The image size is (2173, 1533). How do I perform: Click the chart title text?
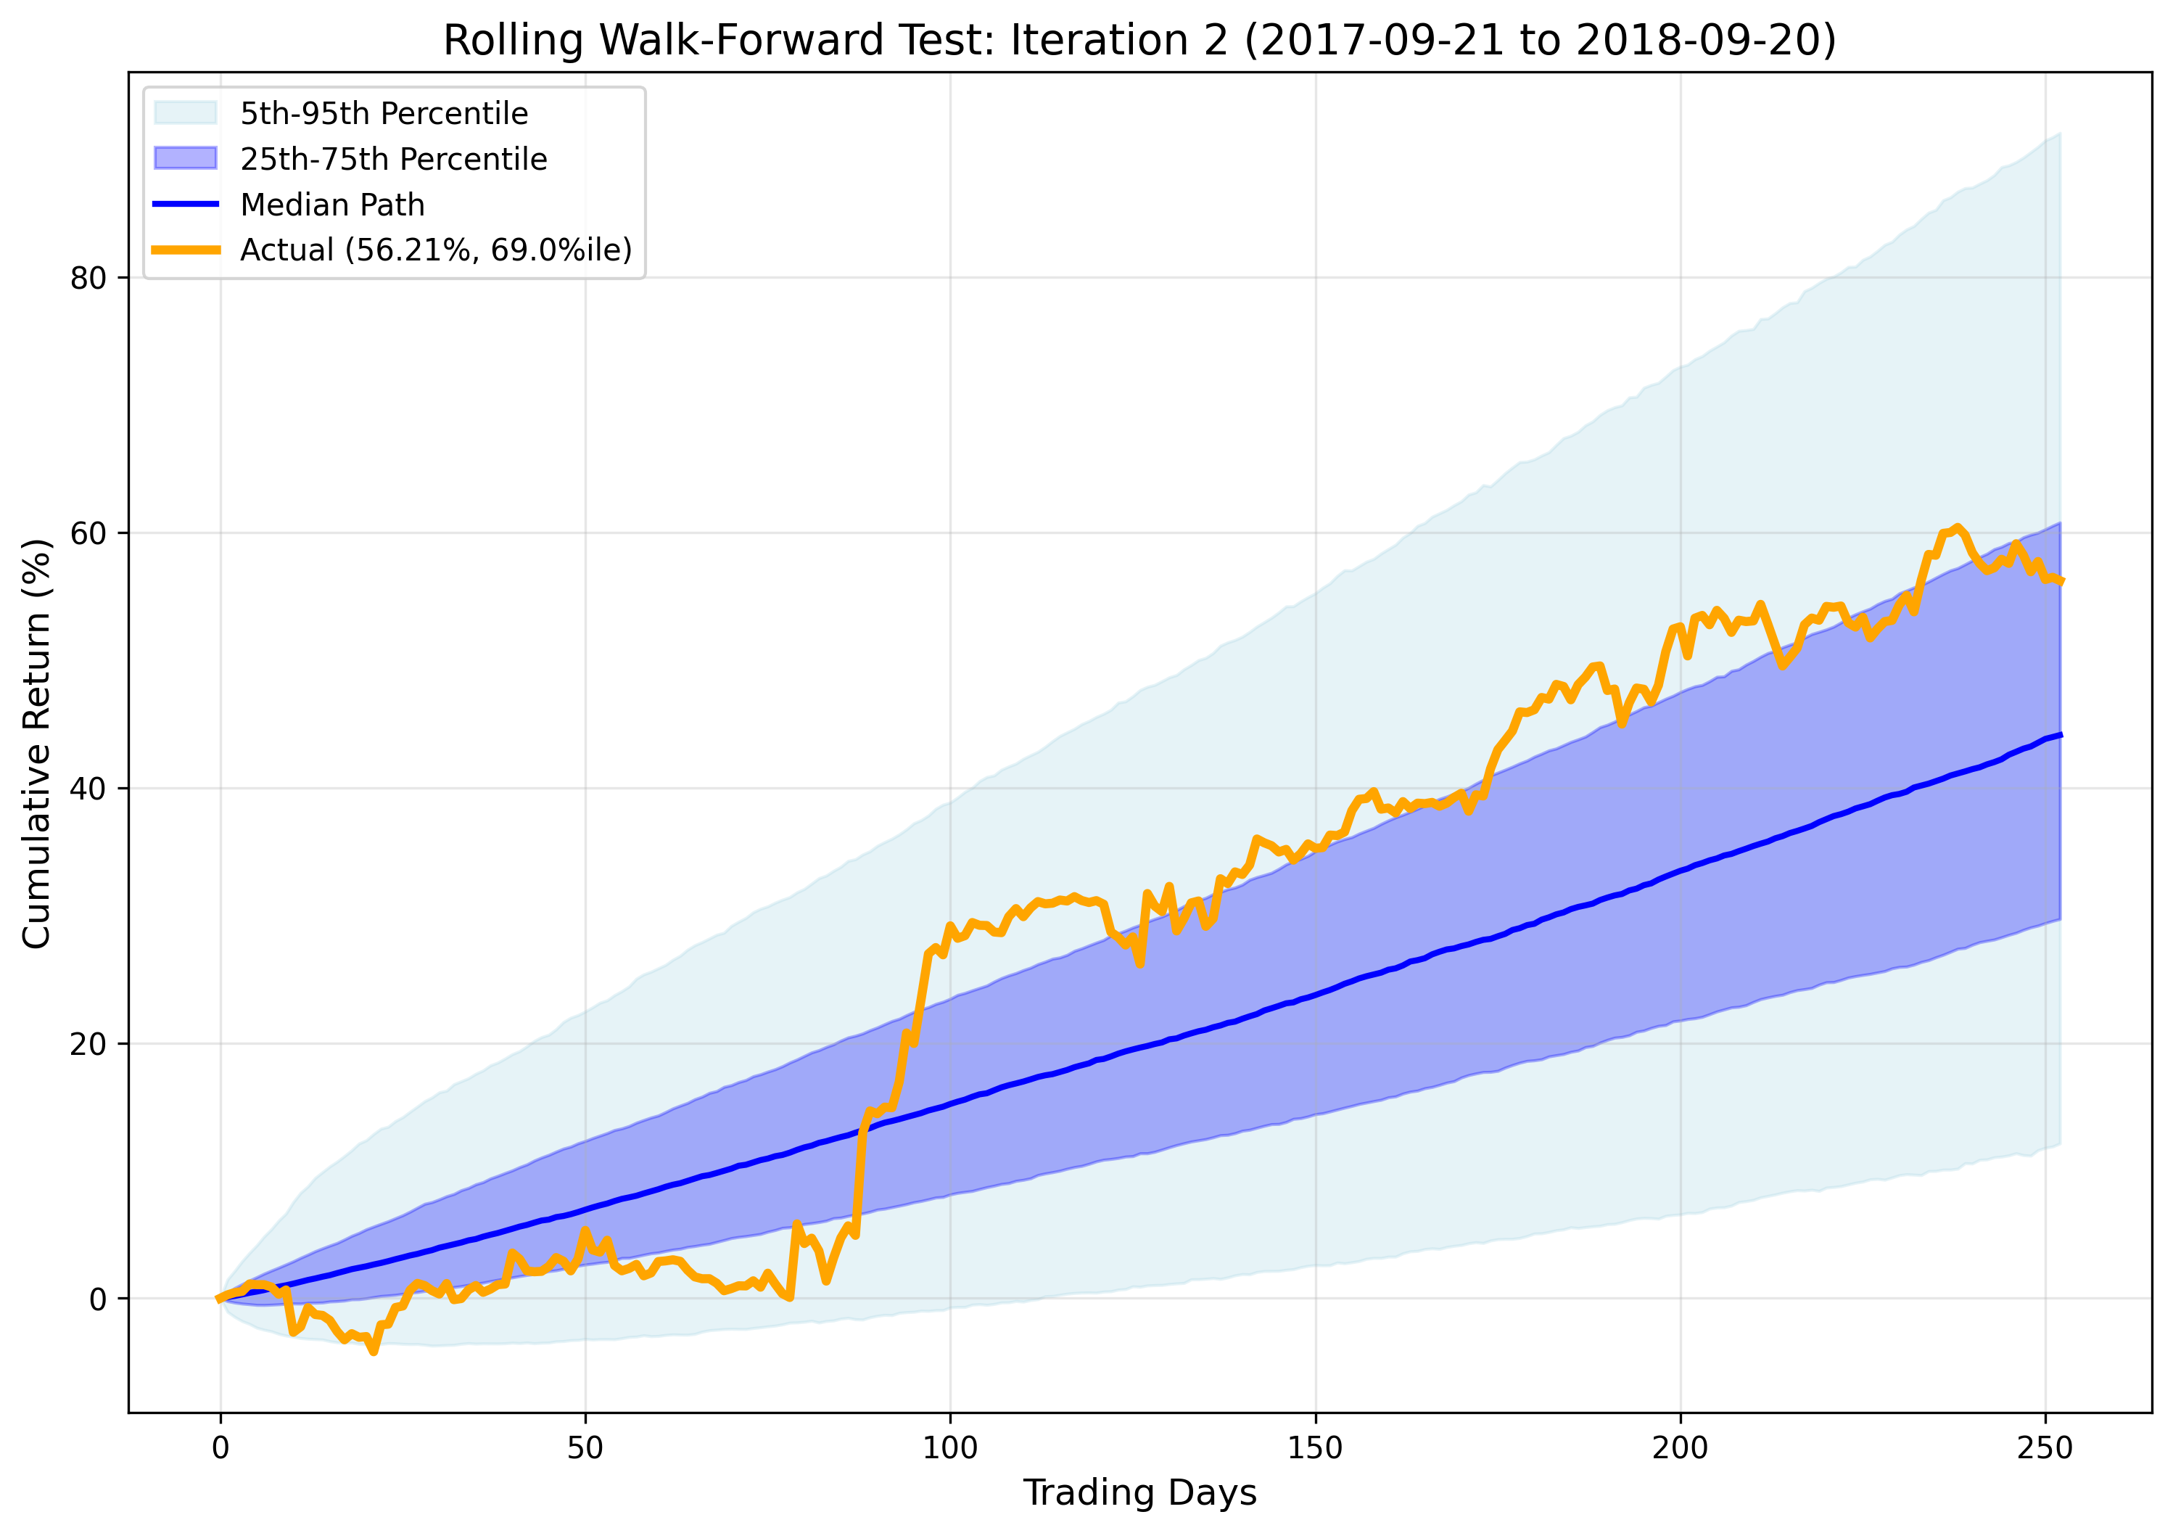tap(1139, 41)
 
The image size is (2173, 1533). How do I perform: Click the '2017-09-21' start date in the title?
tap(1372, 41)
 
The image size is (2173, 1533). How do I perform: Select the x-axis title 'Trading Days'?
tap(1139, 1493)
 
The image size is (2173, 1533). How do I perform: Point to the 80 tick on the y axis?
tap(88, 279)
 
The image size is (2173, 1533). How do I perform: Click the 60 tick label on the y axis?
tap(88, 534)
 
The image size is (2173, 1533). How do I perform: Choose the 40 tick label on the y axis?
tap(88, 789)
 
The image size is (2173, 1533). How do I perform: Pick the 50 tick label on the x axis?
tap(585, 1449)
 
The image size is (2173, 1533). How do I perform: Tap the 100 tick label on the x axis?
tap(949, 1449)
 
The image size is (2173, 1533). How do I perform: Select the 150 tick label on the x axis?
tap(1314, 1449)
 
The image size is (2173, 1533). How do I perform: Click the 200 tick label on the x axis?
tap(1680, 1449)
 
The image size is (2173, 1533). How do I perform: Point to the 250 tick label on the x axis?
tap(2045, 1449)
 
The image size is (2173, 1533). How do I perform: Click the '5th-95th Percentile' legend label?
tap(383, 114)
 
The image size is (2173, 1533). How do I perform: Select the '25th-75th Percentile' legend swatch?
tap(186, 158)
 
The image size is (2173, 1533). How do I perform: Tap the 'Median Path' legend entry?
tap(331, 205)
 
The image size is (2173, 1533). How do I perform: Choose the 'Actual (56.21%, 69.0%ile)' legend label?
tap(435, 250)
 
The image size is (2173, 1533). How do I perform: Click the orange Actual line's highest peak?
tap(1956, 527)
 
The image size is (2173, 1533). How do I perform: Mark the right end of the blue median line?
tap(2059, 735)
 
